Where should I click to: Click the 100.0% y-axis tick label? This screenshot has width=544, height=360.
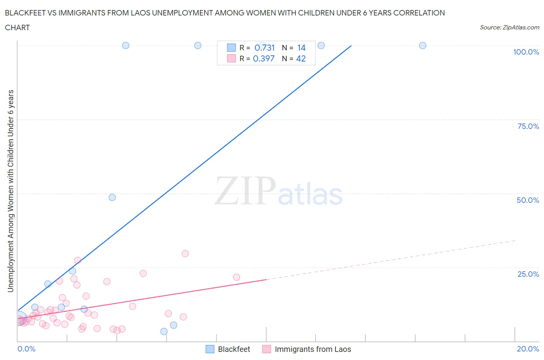[526, 52]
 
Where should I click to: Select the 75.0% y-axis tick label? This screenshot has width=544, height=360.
[528, 126]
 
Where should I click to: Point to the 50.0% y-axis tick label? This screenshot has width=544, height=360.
[528, 200]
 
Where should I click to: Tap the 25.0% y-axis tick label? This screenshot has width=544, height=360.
[528, 274]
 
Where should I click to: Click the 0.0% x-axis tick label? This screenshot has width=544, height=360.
[26, 349]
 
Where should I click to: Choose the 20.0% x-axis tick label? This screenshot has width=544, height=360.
[528, 349]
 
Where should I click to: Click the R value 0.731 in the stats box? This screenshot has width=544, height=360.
[265, 48]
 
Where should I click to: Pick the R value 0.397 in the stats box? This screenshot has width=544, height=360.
[263, 58]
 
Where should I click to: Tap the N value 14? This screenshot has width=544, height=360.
[301, 48]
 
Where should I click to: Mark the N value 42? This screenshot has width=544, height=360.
[301, 58]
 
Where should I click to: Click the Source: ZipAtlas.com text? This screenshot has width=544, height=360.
[509, 27]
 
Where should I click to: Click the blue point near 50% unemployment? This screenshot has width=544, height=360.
[112, 197]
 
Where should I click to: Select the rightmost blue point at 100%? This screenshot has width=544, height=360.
[423, 45]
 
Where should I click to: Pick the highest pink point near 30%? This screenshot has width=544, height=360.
[185, 254]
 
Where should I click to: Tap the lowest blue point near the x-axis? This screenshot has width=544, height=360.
[164, 331]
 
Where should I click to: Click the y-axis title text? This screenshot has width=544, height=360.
[10, 191]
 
